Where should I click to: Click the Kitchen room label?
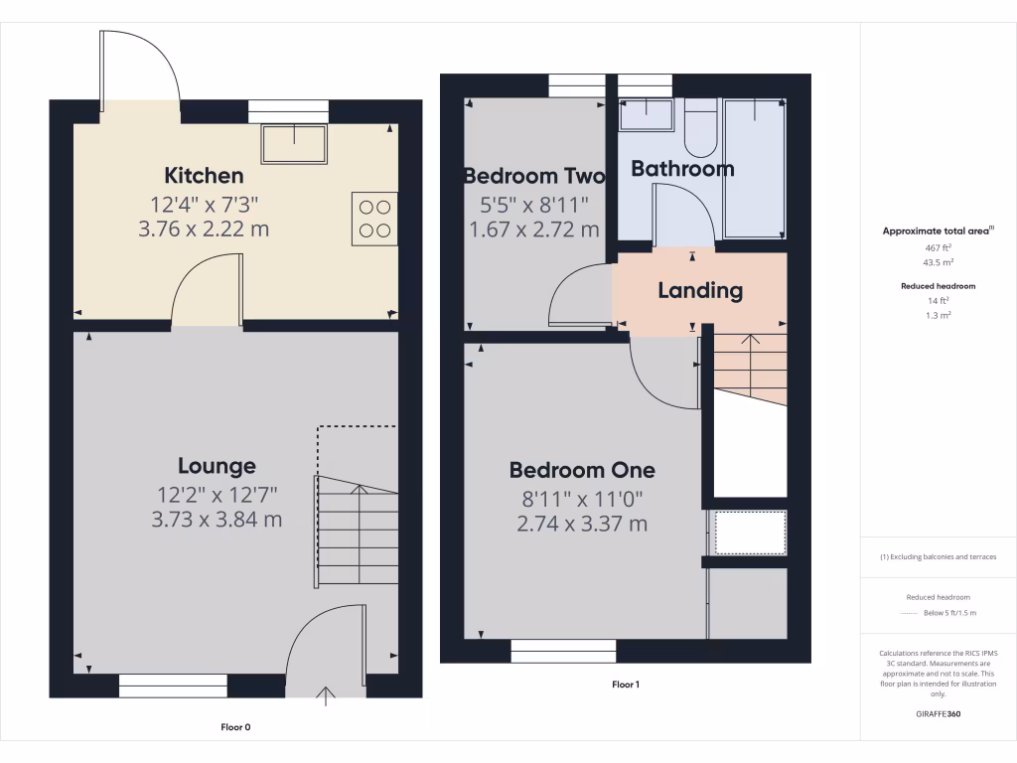pyautogui.click(x=204, y=176)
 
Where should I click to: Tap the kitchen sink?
pyautogui.click(x=294, y=144)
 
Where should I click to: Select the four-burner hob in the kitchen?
pyautogui.click(x=373, y=219)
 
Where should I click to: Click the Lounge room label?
pyautogui.click(x=217, y=466)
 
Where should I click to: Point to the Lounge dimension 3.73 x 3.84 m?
pyautogui.click(x=217, y=519)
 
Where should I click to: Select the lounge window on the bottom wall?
pyautogui.click(x=173, y=684)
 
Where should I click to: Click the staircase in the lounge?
pyautogui.click(x=357, y=532)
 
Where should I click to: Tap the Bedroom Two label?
pyautogui.click(x=534, y=176)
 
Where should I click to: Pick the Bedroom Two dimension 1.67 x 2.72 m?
pyautogui.click(x=534, y=229)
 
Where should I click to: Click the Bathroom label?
pyautogui.click(x=682, y=169)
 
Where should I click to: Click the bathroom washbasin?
pyautogui.click(x=646, y=117)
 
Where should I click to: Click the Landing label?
pyautogui.click(x=700, y=290)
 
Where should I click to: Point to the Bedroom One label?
pyautogui.click(x=582, y=470)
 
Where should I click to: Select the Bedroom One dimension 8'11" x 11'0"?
pyautogui.click(x=582, y=498)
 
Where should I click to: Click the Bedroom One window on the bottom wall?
pyautogui.click(x=563, y=652)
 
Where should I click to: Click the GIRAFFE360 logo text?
pyautogui.click(x=939, y=713)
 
